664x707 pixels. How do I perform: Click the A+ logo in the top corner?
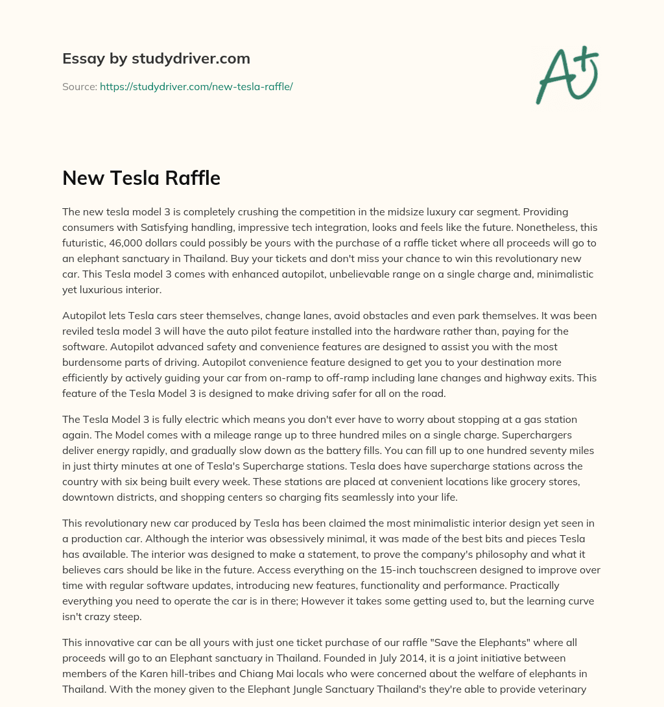(566, 75)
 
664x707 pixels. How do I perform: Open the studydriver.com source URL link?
(196, 86)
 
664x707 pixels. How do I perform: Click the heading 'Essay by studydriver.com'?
(156, 58)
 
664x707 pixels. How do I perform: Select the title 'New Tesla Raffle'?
(141, 178)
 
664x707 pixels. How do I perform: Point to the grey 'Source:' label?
(79, 86)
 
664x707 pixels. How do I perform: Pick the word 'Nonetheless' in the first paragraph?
(530, 228)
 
